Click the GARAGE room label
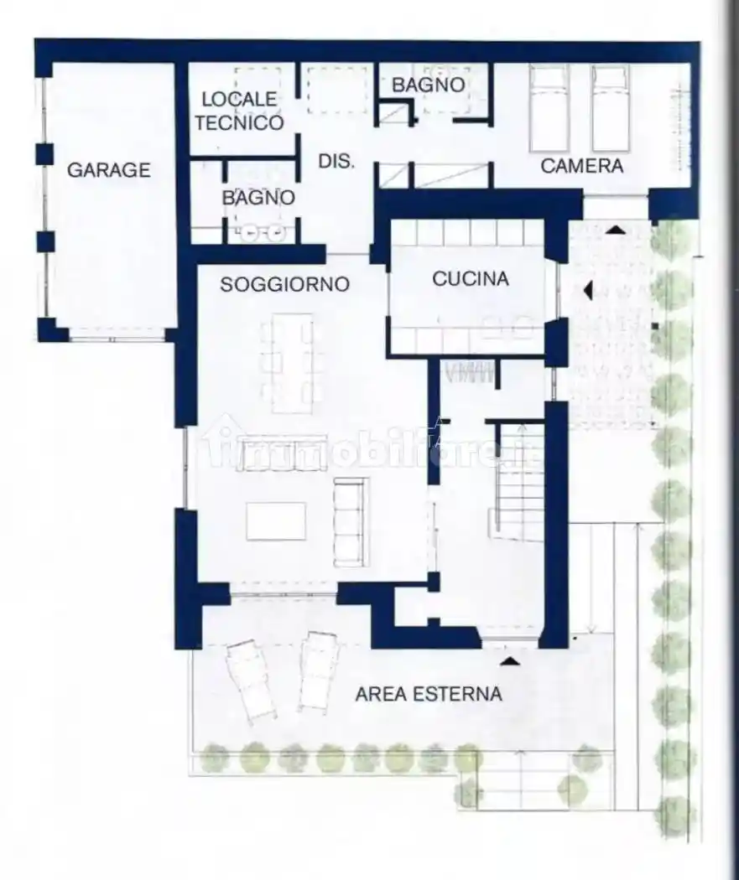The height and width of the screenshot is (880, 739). tap(108, 170)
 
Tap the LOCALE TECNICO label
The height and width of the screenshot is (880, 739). tap(238, 111)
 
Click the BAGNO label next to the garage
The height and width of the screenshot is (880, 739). tap(258, 199)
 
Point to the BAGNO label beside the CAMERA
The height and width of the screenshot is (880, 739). tap(428, 85)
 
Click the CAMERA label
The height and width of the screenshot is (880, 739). tap(581, 166)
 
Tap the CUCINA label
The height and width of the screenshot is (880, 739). tap(470, 279)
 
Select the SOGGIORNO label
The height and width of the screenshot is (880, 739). tap(284, 285)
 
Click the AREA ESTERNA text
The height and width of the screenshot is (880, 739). tap(428, 694)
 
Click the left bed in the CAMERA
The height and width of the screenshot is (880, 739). tap(549, 108)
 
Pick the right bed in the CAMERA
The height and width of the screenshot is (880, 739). tap(611, 108)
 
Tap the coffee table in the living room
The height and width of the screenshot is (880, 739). tap(276, 521)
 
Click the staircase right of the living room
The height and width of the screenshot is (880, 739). tap(519, 482)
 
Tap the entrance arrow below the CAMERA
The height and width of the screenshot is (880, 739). tap(615, 229)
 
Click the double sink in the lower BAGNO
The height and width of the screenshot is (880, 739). tap(262, 233)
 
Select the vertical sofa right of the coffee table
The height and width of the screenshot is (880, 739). tap(351, 521)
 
